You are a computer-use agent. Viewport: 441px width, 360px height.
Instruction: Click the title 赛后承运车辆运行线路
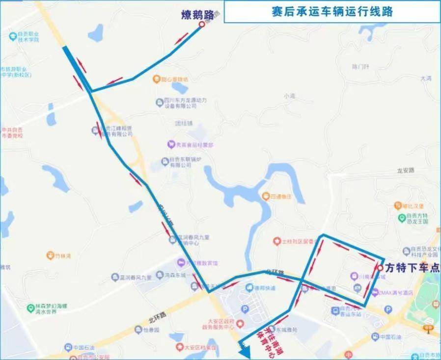coord(332,11)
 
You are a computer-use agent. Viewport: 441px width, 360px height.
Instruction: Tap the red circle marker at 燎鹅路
coord(201,24)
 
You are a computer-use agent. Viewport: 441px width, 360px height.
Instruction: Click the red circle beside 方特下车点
coord(380,268)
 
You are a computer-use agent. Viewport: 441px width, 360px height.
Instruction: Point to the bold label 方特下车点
coord(412,268)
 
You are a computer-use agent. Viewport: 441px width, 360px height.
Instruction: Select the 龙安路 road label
coord(406,170)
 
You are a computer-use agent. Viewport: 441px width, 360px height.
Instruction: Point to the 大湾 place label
coord(425,78)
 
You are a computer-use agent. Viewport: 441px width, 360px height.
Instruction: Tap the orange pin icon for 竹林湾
coord(50,255)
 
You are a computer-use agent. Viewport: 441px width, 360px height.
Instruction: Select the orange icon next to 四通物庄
coord(266,196)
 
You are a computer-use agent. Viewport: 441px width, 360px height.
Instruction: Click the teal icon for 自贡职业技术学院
coord(12,35)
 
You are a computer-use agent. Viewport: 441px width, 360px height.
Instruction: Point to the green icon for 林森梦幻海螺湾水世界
coord(30,308)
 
